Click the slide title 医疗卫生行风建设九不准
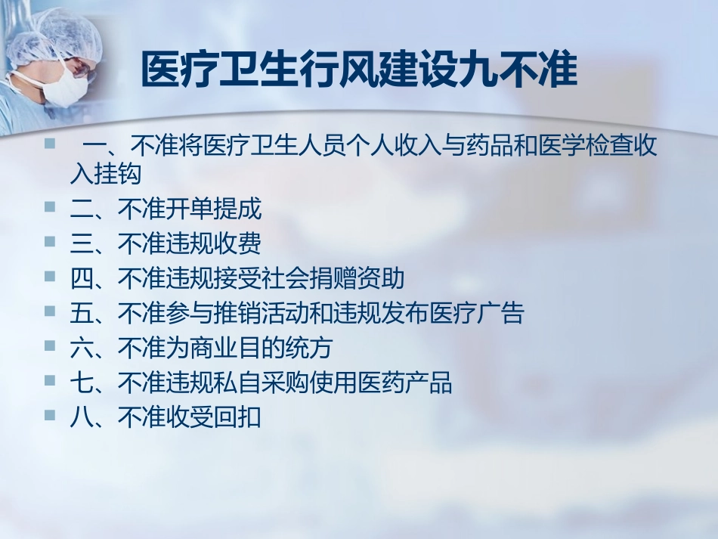click(x=359, y=72)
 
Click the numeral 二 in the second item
click(x=81, y=209)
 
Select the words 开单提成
click(x=214, y=209)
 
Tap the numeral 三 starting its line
click(x=81, y=244)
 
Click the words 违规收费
click(x=214, y=244)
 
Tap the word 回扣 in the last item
click(x=237, y=418)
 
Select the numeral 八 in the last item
click(x=81, y=418)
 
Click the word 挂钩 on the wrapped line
click(x=118, y=175)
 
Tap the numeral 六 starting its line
click(x=81, y=348)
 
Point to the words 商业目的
click(x=237, y=348)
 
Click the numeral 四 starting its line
click(x=81, y=279)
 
